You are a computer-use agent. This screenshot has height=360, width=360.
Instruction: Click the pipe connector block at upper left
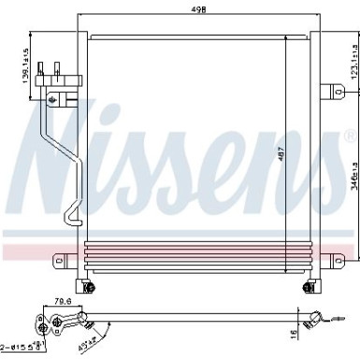pos(54,87)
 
